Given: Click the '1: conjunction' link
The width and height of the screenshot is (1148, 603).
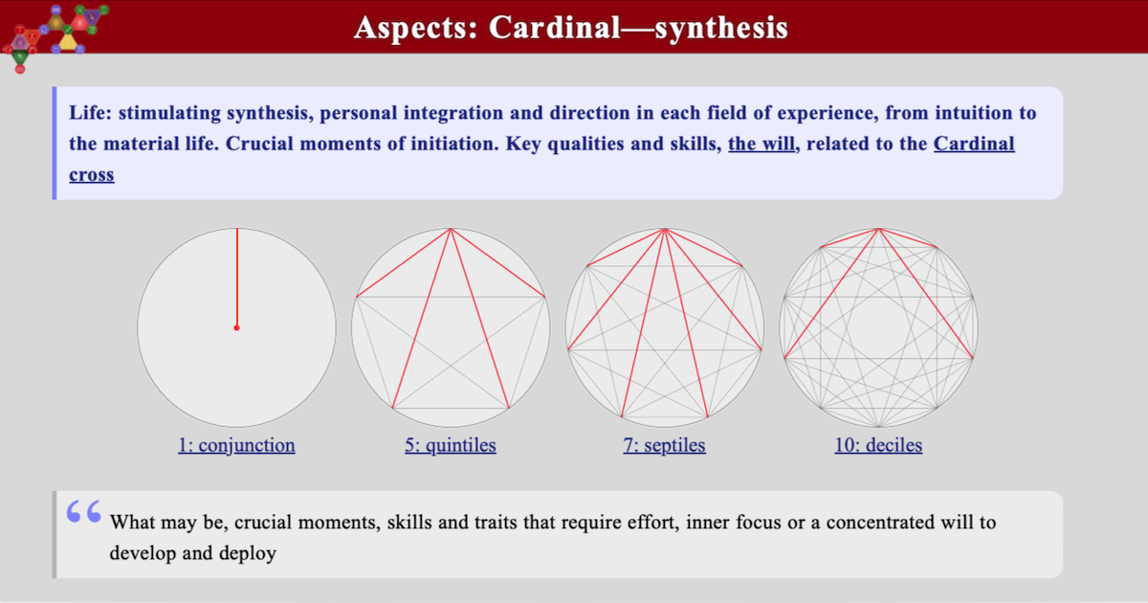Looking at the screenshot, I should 236,445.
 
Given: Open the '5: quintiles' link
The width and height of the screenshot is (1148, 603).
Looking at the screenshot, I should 450,445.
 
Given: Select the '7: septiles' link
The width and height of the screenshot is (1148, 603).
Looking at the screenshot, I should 664,445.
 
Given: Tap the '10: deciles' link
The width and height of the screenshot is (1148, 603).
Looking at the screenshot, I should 878,445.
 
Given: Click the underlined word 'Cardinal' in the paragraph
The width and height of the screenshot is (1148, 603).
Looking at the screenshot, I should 974,145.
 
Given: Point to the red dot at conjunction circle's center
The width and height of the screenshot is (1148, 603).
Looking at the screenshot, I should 236,327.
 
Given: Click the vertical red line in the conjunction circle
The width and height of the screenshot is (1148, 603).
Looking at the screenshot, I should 236,278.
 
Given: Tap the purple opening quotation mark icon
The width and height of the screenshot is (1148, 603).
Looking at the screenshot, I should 84,512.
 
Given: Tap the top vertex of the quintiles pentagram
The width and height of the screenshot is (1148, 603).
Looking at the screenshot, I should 451,228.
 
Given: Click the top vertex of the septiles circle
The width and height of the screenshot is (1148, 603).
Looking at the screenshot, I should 664,228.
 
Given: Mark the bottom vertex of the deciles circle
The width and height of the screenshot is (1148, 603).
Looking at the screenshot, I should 878,426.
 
